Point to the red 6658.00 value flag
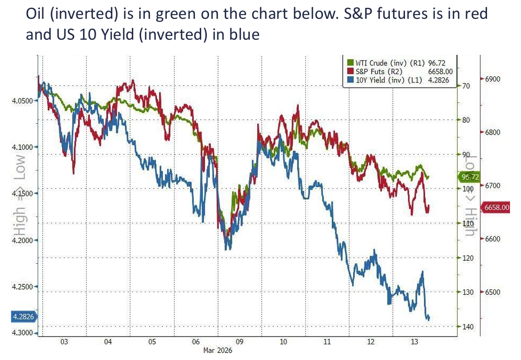pos(496,207)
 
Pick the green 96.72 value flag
pos(471,178)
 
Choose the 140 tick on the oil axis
pos(466,327)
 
